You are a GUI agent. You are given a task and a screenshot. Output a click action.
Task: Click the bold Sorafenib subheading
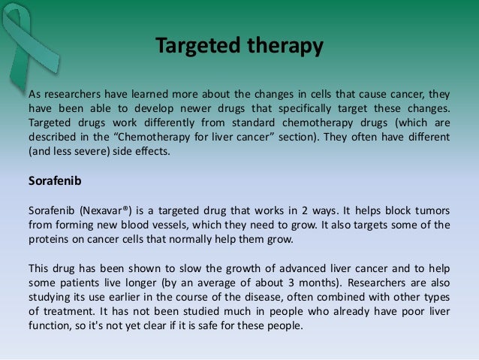click(x=53, y=181)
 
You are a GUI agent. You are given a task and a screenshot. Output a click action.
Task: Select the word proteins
click(x=48, y=239)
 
